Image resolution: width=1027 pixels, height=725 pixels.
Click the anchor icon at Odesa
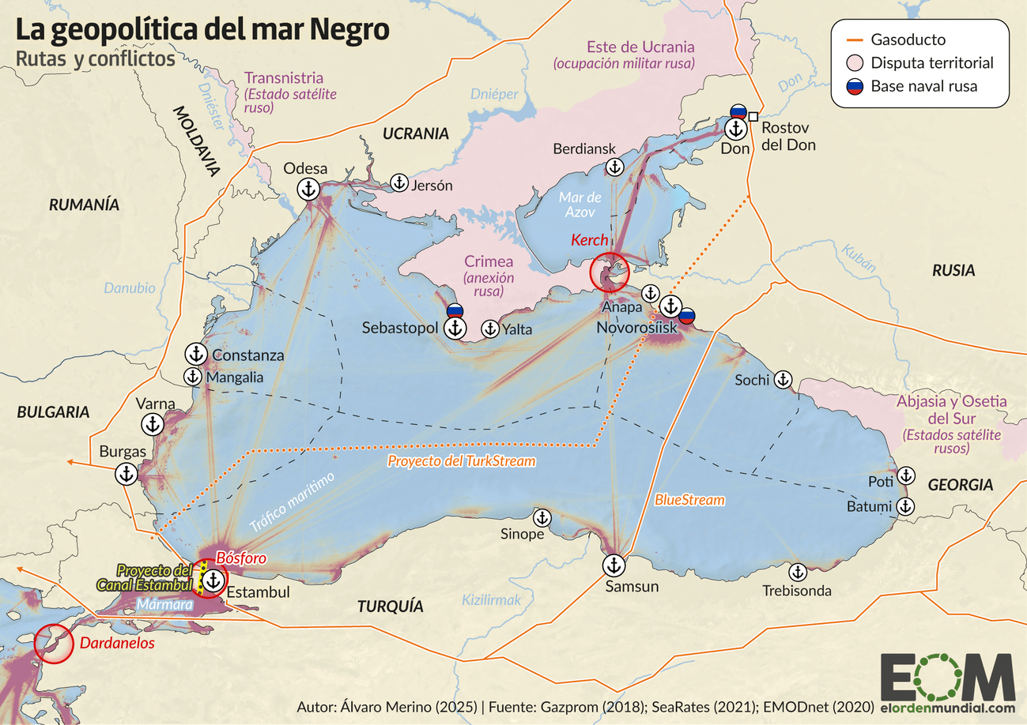click(308, 189)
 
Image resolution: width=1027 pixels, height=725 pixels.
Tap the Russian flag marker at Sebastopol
click(455, 310)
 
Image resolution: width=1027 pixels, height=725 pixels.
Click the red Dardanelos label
click(116, 644)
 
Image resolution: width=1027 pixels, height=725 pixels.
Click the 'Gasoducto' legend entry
click(908, 39)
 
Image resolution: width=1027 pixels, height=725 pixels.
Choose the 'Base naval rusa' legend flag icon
click(854, 86)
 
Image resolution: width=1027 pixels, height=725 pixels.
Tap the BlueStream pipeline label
click(689, 500)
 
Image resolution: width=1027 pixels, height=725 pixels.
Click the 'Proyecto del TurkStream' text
click(462, 460)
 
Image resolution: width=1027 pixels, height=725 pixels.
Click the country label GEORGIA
click(960, 485)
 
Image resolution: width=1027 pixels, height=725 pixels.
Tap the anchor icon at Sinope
click(542, 517)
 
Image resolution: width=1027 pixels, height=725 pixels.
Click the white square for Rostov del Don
click(754, 116)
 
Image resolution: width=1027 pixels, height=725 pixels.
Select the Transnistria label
click(284, 78)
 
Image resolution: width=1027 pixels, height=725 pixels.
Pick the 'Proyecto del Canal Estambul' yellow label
click(154, 577)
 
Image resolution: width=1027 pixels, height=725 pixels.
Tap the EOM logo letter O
click(949, 678)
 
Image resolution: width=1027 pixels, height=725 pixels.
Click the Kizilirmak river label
click(492, 600)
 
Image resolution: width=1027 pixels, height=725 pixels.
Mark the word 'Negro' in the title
click(348, 30)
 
